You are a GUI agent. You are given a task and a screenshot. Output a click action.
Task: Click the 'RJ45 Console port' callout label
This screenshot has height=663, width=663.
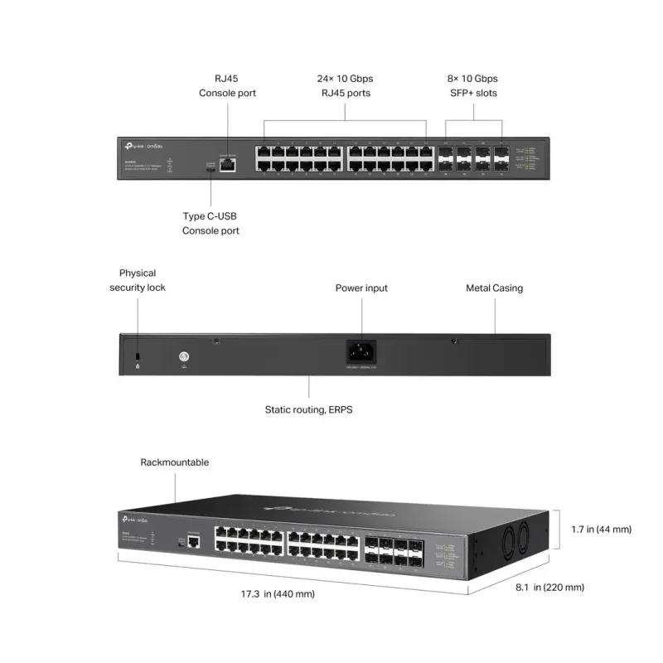(227, 85)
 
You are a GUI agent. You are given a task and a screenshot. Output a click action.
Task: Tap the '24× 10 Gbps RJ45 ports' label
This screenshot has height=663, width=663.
(345, 85)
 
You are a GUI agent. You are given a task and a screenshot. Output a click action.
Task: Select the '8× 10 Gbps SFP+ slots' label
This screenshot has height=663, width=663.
(472, 85)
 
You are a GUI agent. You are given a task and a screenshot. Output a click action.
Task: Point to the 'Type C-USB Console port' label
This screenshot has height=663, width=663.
(211, 223)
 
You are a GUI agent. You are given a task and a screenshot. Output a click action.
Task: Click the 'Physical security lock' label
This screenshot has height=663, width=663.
(138, 280)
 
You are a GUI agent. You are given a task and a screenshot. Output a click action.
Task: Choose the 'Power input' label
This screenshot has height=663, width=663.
(361, 288)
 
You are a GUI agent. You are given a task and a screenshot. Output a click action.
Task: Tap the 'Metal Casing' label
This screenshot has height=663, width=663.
(494, 288)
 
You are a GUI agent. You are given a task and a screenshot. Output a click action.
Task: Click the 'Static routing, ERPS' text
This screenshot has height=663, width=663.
(308, 409)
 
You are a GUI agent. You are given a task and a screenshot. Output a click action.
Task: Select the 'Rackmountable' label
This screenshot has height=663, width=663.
(175, 462)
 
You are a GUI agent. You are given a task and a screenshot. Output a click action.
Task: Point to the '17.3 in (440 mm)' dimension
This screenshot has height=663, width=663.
(278, 594)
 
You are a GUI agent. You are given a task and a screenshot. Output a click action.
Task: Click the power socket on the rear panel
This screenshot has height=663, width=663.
(361, 351)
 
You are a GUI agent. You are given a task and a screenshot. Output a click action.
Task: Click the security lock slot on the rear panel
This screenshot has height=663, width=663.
(138, 355)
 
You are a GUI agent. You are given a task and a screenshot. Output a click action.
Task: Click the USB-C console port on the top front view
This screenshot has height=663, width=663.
(211, 169)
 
